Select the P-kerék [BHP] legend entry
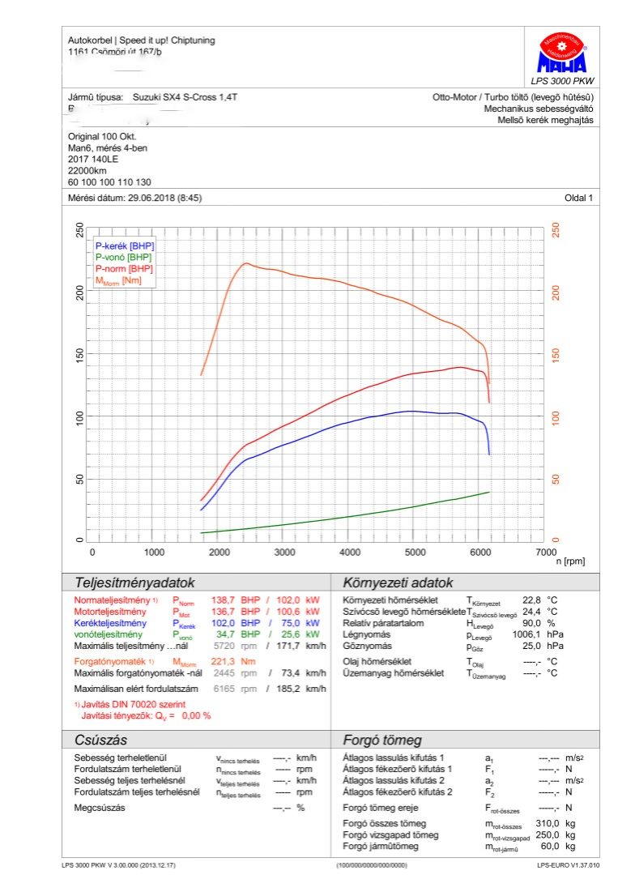(x=125, y=245)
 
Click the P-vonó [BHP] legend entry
(x=124, y=257)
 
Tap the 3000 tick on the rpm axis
(x=284, y=552)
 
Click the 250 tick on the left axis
(x=79, y=230)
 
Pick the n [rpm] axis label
(x=570, y=561)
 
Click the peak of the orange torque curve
(x=245, y=263)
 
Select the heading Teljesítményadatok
(x=134, y=583)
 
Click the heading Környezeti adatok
(x=398, y=583)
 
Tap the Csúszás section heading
(x=100, y=740)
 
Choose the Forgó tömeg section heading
(x=382, y=740)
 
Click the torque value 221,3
(x=223, y=662)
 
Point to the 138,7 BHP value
(x=223, y=600)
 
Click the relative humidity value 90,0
(x=531, y=623)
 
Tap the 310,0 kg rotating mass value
(x=548, y=823)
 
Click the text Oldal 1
(x=579, y=198)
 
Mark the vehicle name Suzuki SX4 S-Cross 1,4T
(x=185, y=97)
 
